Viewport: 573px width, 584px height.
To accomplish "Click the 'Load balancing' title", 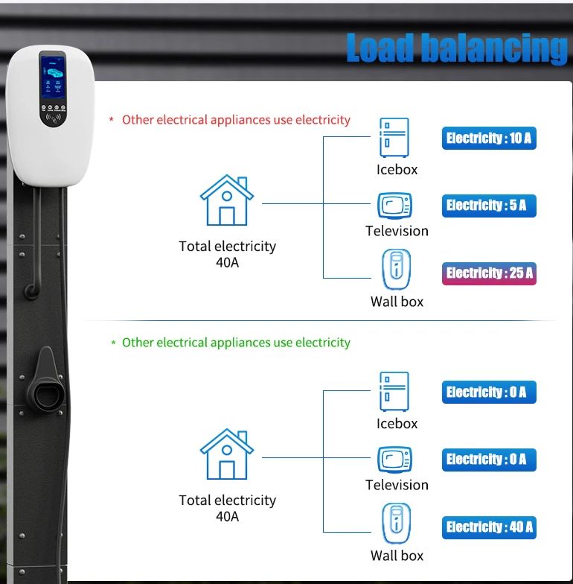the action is (457, 48).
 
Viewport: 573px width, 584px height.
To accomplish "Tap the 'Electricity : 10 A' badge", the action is (489, 139).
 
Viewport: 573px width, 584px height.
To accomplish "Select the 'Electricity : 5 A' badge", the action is (489, 206).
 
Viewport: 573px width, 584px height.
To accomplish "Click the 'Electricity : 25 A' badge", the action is (489, 273).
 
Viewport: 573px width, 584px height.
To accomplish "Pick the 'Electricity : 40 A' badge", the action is (489, 527).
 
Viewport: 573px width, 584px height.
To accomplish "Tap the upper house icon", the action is (227, 200).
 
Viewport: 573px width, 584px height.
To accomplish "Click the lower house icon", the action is (227, 454).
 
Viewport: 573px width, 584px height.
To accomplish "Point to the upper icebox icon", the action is (394, 137).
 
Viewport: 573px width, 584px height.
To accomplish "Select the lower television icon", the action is (394, 460).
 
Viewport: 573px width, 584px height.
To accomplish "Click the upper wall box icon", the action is (397, 270).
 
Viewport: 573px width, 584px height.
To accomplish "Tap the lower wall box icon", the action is (397, 523).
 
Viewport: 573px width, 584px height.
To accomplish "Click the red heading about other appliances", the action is (236, 120).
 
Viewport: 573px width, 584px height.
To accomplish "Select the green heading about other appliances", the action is (236, 343).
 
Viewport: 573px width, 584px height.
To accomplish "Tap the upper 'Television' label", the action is (397, 231).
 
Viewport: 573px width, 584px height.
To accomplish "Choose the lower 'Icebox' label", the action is (397, 423).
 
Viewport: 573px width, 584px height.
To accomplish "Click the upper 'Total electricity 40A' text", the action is (228, 254).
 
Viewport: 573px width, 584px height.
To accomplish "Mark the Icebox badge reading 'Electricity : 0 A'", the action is (489, 392).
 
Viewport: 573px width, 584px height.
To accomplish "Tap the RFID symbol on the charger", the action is (53, 118).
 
